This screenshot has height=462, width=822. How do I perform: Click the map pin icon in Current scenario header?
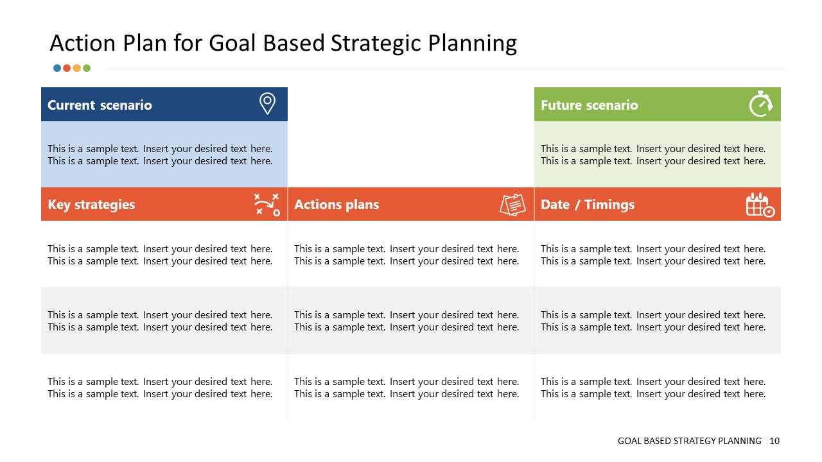267,104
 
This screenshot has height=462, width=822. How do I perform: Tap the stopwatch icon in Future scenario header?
761,104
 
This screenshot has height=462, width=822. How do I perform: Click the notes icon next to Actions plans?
512,205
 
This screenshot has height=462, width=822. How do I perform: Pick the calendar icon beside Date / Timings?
760,205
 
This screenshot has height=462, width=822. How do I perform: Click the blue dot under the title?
57,68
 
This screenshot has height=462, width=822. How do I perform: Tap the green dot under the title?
87,68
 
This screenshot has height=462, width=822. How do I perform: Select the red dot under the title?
67,68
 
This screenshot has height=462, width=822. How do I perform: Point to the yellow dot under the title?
77,68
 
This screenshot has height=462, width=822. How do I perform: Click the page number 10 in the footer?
774,441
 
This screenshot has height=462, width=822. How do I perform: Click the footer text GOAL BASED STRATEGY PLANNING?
689,441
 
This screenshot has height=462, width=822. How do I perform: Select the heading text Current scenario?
100,105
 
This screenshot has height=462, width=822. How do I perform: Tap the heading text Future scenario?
589,105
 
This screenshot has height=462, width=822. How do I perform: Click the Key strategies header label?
91,205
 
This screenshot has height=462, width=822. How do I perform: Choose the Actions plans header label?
337,205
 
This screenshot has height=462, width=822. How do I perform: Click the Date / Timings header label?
587,205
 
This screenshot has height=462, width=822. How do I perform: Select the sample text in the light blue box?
160,155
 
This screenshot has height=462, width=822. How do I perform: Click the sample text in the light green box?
653,155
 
